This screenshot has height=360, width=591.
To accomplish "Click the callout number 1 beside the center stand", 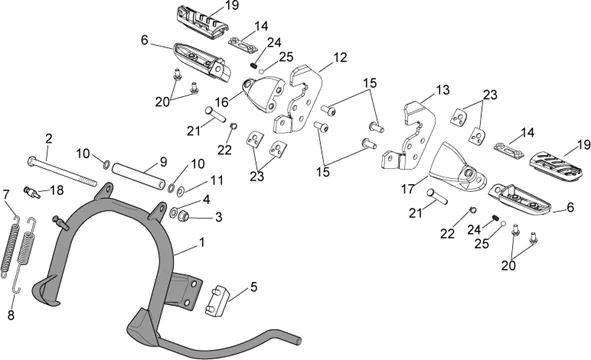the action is click(202, 242).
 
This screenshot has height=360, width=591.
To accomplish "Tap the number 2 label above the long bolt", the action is click(49, 139).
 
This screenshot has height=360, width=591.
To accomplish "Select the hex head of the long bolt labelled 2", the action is click(31, 161).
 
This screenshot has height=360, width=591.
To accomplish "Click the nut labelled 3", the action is click(184, 216).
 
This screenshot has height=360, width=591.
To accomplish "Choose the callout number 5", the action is click(254, 286).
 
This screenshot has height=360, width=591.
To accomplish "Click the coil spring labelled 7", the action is click(11, 245).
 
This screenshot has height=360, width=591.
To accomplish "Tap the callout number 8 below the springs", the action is click(11, 315).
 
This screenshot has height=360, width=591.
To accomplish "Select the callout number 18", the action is click(57, 190).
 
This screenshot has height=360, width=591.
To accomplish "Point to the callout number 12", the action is click(340, 57).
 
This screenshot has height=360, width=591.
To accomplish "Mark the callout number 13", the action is click(442, 90).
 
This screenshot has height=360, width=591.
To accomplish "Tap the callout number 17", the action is click(408, 189).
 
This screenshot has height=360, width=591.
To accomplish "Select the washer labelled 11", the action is click(181, 191).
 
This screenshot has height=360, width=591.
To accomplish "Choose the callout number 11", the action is click(217, 180).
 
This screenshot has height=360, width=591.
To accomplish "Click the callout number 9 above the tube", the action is click(163, 162).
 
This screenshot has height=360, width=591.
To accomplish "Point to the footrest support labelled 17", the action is click(458, 166).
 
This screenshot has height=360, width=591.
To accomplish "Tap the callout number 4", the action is click(206, 199).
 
